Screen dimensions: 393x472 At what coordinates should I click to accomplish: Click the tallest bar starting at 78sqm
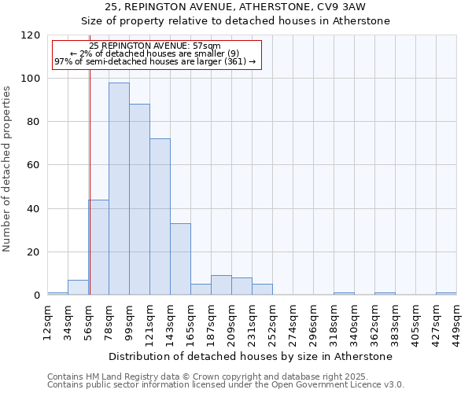[x=119, y=189]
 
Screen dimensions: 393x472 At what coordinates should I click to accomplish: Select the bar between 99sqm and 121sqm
[x=139, y=200]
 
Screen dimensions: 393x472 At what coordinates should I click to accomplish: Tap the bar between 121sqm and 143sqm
[x=160, y=217]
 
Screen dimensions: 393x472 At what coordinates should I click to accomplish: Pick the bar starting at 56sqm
[x=98, y=248]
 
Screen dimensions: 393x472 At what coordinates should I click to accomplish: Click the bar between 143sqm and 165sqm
[x=180, y=259]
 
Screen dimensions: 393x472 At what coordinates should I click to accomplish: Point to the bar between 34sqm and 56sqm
[x=78, y=288]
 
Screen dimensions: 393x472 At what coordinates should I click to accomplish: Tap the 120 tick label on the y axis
[x=31, y=35]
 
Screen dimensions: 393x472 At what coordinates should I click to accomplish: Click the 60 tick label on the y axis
[x=34, y=165]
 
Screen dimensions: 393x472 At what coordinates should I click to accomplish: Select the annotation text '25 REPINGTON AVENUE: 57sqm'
[x=155, y=46]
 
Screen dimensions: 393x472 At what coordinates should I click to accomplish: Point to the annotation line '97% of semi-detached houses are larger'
[x=155, y=61]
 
